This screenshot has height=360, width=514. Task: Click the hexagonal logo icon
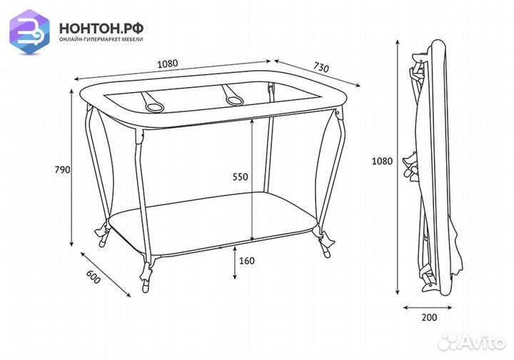(x=29, y=32)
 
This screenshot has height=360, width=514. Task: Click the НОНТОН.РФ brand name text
(x=101, y=29)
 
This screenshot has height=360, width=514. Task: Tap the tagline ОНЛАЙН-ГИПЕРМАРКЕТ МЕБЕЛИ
(x=101, y=39)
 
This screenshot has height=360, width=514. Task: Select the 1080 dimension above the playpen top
(x=168, y=64)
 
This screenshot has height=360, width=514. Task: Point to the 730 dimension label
(x=321, y=67)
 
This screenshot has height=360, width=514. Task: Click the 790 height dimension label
(x=62, y=170)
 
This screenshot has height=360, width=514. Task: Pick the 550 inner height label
(x=241, y=177)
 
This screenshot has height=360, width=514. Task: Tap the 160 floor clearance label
(x=247, y=261)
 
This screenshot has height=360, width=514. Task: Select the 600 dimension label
(x=93, y=277)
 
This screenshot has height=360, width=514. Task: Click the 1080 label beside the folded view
(x=382, y=161)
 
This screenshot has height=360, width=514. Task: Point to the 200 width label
(x=429, y=317)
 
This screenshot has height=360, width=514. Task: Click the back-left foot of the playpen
(x=103, y=234)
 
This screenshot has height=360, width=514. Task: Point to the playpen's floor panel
(x=213, y=223)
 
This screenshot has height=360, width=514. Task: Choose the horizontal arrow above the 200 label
(x=428, y=308)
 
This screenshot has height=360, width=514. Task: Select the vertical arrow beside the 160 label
(x=235, y=263)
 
